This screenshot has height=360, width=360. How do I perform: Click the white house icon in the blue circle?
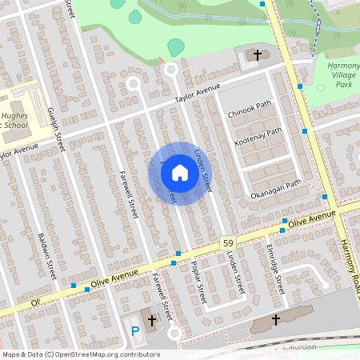pos(180,173)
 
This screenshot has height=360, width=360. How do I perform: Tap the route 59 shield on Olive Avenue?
pos(227,242)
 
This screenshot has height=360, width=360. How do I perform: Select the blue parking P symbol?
pos(135,330)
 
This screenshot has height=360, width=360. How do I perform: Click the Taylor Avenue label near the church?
pos(198,94)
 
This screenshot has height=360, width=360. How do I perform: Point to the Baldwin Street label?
pos(46,254)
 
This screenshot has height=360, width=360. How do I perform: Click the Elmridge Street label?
pos(276,268)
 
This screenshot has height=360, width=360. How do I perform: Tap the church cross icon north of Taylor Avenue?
pos(258,55)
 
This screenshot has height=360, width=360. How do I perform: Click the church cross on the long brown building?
pos(277,319)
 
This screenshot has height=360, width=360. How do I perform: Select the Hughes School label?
pos(18,120)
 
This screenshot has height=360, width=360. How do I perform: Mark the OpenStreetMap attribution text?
pos(80,354)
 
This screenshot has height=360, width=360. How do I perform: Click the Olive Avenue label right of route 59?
pos(311,220)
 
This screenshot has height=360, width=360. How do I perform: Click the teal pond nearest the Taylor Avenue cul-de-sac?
pos(176,47)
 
